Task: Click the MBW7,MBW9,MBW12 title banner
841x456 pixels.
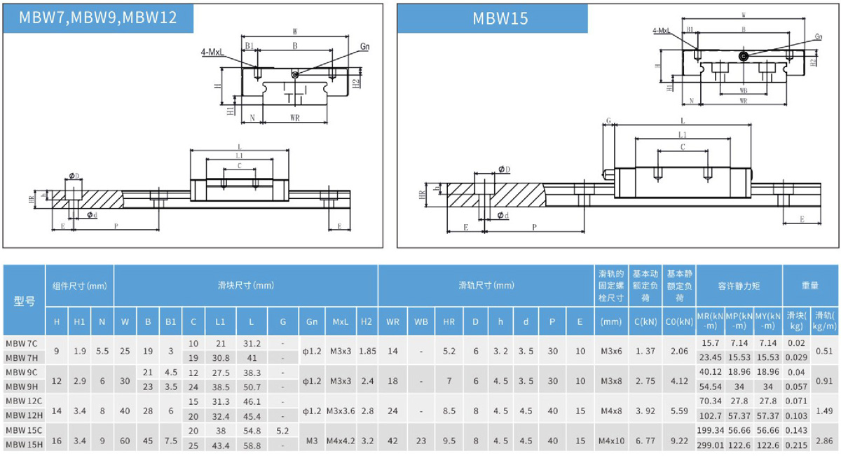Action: (98, 18)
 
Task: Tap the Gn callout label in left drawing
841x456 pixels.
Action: (364, 46)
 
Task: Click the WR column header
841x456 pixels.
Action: (392, 322)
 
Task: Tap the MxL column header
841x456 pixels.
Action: (341, 322)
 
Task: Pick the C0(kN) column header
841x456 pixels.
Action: (679, 322)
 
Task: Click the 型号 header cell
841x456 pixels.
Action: (24, 301)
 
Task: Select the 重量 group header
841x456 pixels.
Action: (810, 285)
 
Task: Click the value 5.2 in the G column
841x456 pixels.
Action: (282, 431)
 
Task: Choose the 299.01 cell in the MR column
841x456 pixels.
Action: (710, 445)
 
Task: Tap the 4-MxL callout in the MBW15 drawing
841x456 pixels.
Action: (661, 31)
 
